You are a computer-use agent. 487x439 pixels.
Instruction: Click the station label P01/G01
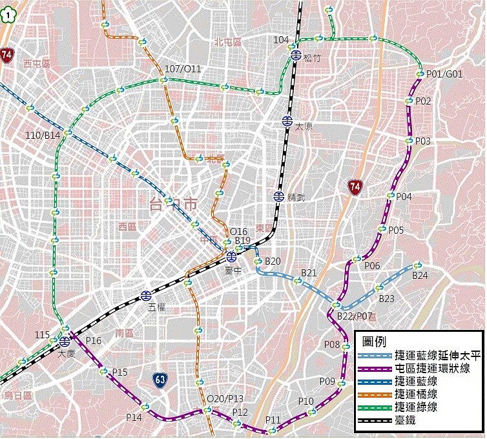coord(444,74)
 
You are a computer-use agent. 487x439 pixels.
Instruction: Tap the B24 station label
coord(420,276)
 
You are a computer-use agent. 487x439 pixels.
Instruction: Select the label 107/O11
coord(183,69)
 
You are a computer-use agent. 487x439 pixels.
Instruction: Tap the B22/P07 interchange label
coord(355,316)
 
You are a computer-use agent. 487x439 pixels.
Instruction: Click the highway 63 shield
coord(161,380)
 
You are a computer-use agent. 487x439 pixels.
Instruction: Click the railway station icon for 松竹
coord(295,56)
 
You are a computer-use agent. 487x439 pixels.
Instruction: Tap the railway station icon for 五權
coord(147,296)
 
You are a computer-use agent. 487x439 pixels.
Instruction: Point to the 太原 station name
coord(304,127)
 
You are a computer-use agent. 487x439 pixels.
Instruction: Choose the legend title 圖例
coord(376,342)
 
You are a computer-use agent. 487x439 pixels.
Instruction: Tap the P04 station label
coord(404,196)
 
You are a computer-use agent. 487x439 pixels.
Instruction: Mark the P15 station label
coord(119,373)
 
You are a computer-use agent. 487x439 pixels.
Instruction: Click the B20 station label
coord(273,261)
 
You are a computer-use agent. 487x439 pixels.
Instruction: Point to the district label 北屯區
coord(227,42)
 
